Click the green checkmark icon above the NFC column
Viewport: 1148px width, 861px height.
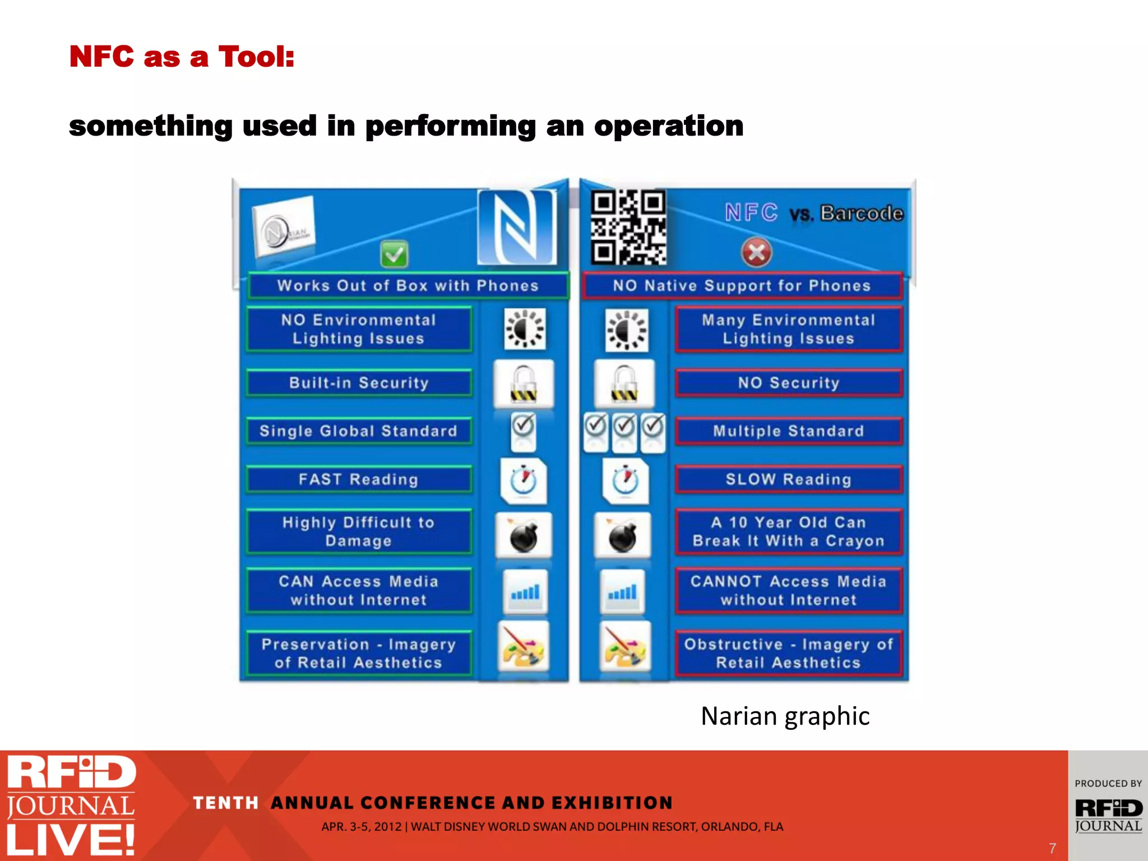pyautogui.click(x=394, y=256)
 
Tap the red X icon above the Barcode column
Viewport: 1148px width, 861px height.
pyautogui.click(x=756, y=253)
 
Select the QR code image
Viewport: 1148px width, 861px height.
pyautogui.click(x=628, y=227)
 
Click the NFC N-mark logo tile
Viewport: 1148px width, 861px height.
pyautogui.click(x=517, y=227)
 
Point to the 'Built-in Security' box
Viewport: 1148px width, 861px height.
pyautogui.click(x=359, y=383)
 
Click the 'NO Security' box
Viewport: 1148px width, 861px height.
pyautogui.click(x=788, y=383)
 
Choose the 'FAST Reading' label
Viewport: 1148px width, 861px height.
pyautogui.click(x=359, y=479)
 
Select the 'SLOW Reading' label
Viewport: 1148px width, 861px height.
pyautogui.click(x=788, y=479)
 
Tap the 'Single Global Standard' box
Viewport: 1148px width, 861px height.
pyautogui.click(x=359, y=431)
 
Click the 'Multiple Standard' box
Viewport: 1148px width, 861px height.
pyautogui.click(x=788, y=431)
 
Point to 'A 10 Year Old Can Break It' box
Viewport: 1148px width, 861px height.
pyautogui.click(x=788, y=531)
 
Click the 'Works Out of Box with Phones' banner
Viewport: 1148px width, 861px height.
pyautogui.click(x=408, y=286)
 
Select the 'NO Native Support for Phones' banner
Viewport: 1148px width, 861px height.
pyautogui.click(x=741, y=286)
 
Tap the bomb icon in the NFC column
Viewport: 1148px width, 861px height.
pyautogui.click(x=524, y=536)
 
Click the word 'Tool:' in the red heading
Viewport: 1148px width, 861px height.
pyautogui.click(x=256, y=57)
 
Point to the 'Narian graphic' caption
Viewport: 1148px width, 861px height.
pyautogui.click(x=785, y=716)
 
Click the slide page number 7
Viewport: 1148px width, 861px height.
pyautogui.click(x=1052, y=848)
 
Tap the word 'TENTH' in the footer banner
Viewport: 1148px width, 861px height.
pyautogui.click(x=225, y=803)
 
